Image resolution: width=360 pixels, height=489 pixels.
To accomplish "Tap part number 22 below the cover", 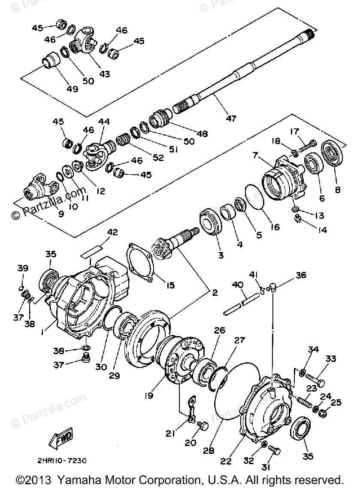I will (226, 461).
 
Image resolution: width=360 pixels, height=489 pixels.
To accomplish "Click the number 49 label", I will (72, 89).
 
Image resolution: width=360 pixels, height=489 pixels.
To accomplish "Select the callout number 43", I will (104, 74).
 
